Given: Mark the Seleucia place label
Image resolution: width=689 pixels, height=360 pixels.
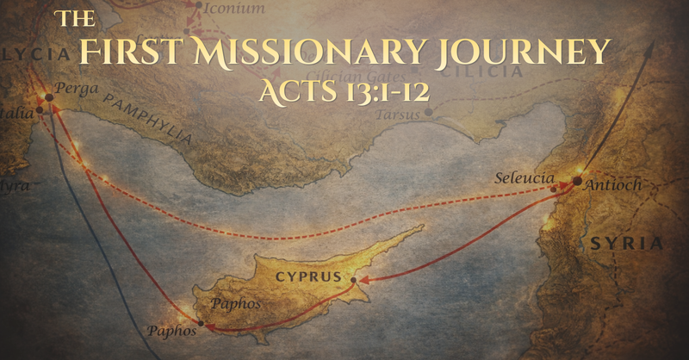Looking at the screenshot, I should click(x=520, y=178).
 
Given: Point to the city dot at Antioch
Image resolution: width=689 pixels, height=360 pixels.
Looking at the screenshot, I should click(x=577, y=182).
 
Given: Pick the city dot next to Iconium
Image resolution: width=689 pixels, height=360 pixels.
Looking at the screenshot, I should click(x=199, y=7).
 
